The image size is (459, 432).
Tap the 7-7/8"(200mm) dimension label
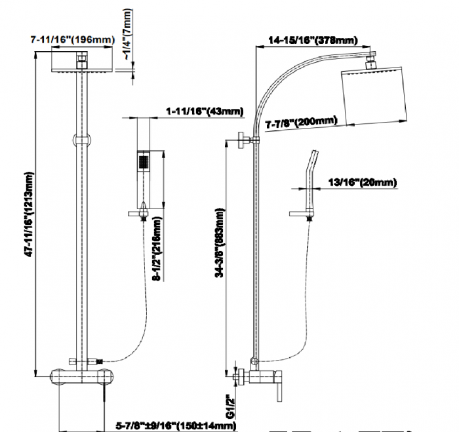coord(302,122)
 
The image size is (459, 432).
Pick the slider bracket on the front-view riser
coord(81,139)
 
